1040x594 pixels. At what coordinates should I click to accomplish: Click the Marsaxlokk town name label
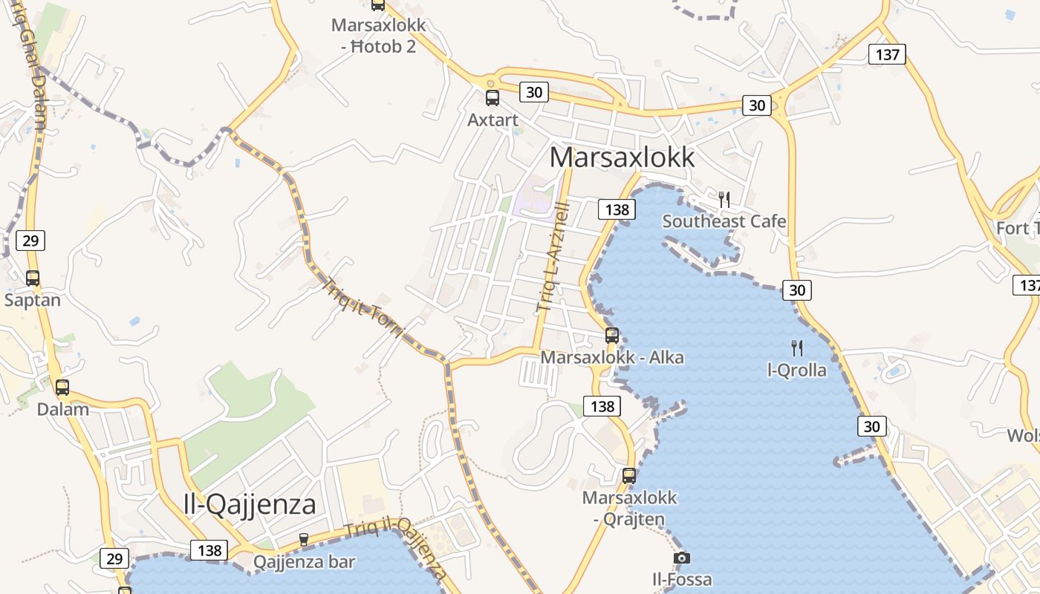623,157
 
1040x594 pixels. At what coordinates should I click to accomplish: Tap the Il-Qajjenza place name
250,504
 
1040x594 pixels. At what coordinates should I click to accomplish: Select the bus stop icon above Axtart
493,98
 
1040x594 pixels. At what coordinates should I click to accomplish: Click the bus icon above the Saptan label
33,278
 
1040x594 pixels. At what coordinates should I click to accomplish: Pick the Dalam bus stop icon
62,387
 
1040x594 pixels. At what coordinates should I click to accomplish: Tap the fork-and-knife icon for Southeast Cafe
724,199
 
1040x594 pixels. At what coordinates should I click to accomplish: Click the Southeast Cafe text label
724,221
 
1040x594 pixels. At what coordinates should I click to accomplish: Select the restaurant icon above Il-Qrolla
797,347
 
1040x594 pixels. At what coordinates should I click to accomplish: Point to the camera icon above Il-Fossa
681,558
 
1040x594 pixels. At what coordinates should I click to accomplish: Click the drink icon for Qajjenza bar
303,539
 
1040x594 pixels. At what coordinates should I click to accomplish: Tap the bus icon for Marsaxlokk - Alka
612,335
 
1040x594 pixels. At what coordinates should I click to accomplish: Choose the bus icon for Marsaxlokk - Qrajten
629,476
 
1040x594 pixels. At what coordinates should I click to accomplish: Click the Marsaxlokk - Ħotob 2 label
379,35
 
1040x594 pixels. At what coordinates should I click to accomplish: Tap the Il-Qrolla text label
796,370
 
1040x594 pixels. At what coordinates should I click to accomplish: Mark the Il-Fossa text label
682,579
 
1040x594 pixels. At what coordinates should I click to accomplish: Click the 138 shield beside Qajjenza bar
209,550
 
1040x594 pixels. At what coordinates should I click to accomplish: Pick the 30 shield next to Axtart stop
534,92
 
